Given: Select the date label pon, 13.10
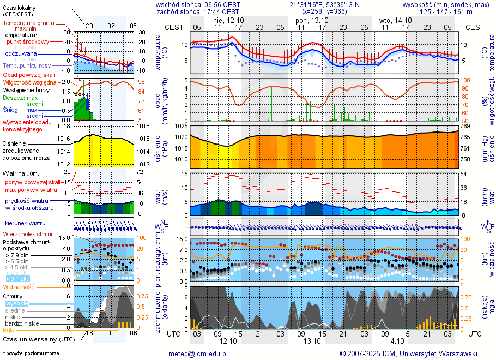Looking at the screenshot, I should (x=309, y=20).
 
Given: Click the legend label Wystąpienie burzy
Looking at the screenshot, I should (x=26, y=89).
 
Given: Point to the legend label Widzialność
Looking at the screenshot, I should (x=19, y=286).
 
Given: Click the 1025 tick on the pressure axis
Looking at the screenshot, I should (x=180, y=127).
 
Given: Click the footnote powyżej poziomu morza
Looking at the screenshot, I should (x=31, y=353).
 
